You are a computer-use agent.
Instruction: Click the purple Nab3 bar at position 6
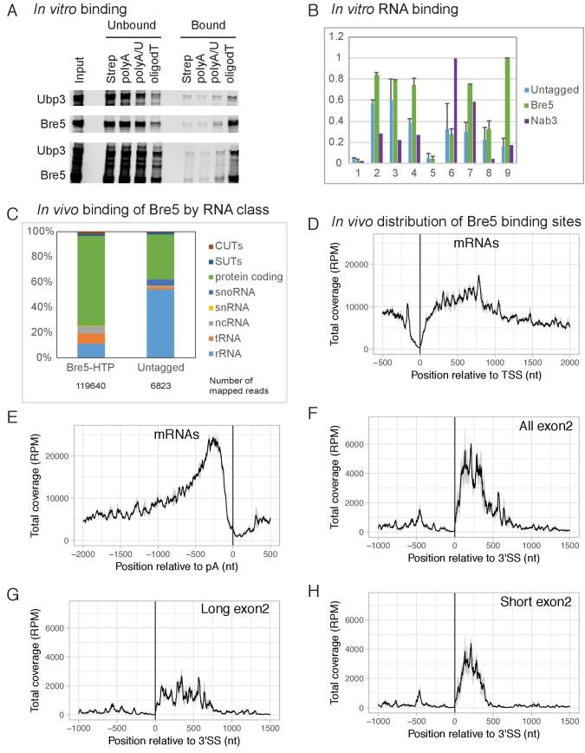(456, 110)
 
